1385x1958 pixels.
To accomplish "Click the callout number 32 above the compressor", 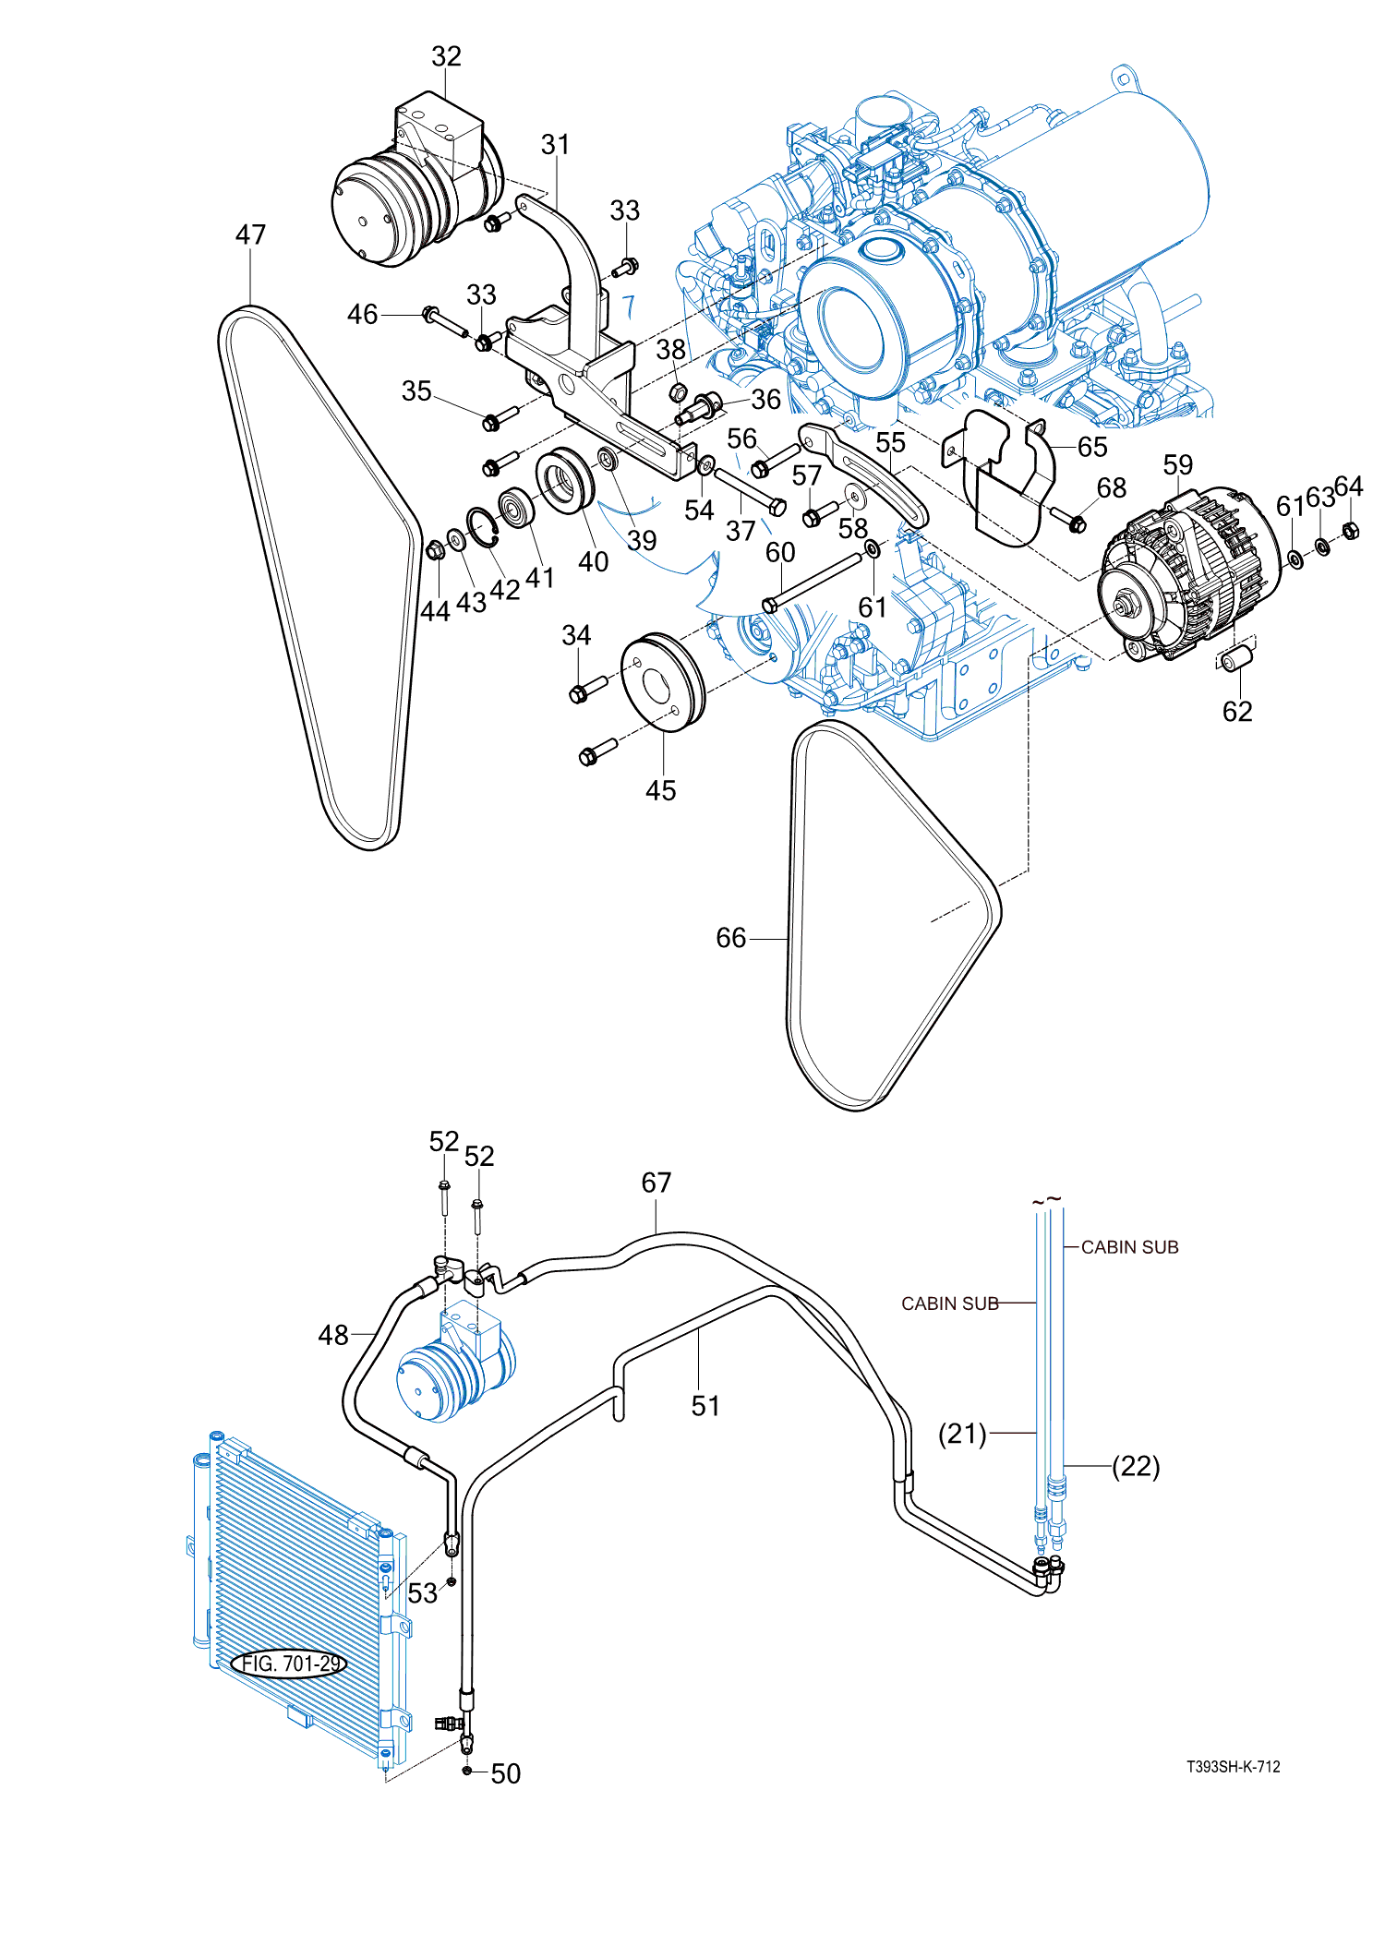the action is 447,56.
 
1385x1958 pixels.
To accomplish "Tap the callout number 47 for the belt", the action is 250,234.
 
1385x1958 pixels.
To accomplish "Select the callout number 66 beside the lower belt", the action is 730,938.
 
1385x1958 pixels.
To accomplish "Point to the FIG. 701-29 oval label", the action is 290,1664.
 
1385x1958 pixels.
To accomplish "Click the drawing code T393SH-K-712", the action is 1234,1767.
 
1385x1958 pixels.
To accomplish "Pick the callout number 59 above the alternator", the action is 1178,464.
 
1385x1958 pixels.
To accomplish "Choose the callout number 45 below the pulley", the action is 660,790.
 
